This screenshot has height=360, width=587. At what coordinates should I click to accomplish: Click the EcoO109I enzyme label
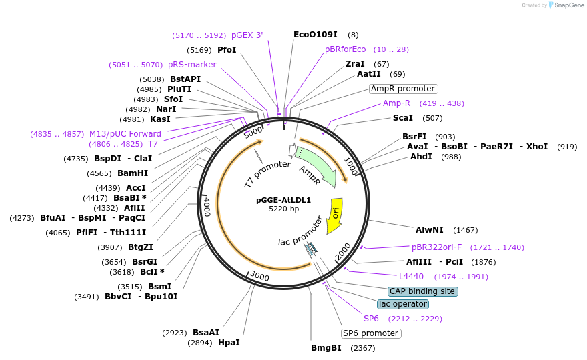click(x=316, y=34)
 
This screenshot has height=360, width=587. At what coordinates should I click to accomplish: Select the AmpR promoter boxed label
click(x=403, y=89)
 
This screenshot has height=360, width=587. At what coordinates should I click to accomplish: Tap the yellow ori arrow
click(x=335, y=215)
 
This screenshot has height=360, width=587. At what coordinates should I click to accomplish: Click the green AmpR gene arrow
click(x=316, y=167)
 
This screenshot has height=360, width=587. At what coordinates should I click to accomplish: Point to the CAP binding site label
click(x=422, y=291)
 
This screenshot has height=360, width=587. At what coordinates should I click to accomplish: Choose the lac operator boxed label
click(x=402, y=304)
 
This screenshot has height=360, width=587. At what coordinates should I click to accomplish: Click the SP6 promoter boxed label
click(x=370, y=333)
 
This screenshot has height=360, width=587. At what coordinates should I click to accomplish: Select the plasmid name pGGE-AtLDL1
click(x=283, y=200)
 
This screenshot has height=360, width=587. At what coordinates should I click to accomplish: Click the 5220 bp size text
click(x=283, y=209)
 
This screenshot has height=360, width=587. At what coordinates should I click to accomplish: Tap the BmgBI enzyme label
click(x=326, y=348)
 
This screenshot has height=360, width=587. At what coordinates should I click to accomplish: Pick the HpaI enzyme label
click(x=229, y=343)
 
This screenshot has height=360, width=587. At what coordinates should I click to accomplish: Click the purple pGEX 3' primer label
click(x=247, y=35)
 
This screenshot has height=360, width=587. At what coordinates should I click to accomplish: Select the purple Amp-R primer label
click(x=396, y=103)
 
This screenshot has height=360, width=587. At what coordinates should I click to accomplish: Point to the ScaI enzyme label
click(x=402, y=118)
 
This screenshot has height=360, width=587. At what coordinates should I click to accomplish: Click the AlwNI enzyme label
click(x=429, y=230)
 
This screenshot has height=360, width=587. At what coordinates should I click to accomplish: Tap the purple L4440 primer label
click(x=411, y=277)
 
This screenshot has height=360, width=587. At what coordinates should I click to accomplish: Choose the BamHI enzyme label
click(x=133, y=173)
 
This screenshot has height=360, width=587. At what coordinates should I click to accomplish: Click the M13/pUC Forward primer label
click(x=125, y=134)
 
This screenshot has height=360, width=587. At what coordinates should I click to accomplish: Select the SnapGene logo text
click(x=568, y=5)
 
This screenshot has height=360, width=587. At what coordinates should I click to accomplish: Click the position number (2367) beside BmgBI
click(x=363, y=348)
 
